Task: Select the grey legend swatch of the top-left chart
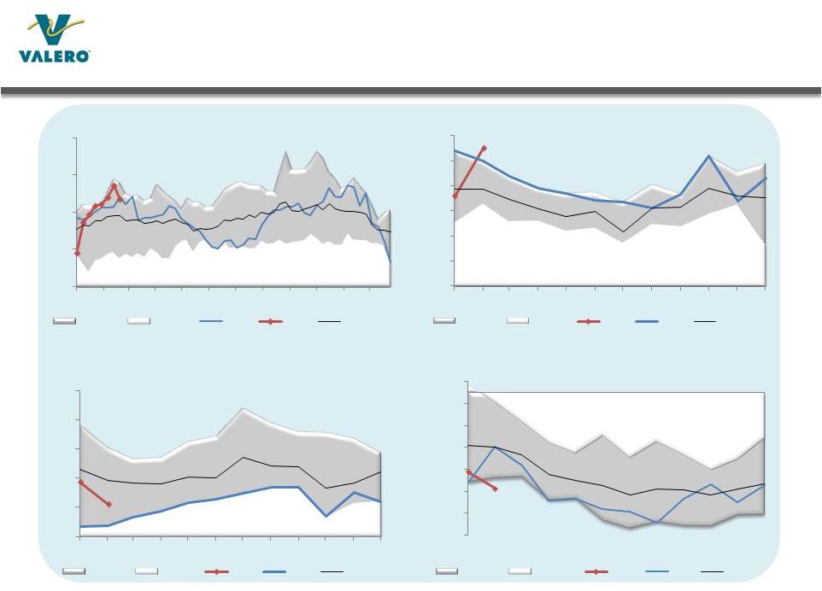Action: point(65,321)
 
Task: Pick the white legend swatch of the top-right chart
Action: point(518,321)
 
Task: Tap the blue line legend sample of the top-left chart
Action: point(210,321)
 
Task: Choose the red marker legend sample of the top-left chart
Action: point(270,321)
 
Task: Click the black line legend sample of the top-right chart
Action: point(705,321)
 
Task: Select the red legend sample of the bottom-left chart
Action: point(216,570)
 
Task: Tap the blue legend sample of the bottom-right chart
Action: point(656,570)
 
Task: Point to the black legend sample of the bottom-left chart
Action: point(332,570)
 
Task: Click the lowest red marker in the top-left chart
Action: point(77,254)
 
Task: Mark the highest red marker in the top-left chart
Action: point(114,185)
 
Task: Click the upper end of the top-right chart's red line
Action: point(484,148)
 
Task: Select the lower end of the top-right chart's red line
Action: point(455,197)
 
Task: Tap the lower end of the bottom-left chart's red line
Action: point(109,505)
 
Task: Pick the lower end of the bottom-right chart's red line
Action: point(496,489)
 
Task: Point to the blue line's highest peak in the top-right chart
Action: point(709,156)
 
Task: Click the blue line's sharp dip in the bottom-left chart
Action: point(326,516)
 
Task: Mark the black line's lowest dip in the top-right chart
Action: point(623,231)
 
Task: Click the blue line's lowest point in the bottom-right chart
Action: point(657,522)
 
